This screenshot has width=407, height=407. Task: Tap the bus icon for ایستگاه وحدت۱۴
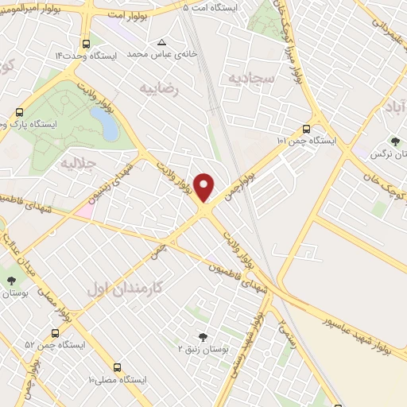85,44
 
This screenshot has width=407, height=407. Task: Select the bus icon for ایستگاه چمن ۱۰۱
307,128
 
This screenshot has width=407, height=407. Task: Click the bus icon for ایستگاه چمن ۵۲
55,333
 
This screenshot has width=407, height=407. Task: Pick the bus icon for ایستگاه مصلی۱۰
118,367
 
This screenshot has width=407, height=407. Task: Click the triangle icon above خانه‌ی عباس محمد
161,42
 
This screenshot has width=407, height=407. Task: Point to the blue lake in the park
104,122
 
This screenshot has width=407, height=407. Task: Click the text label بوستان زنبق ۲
202,349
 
